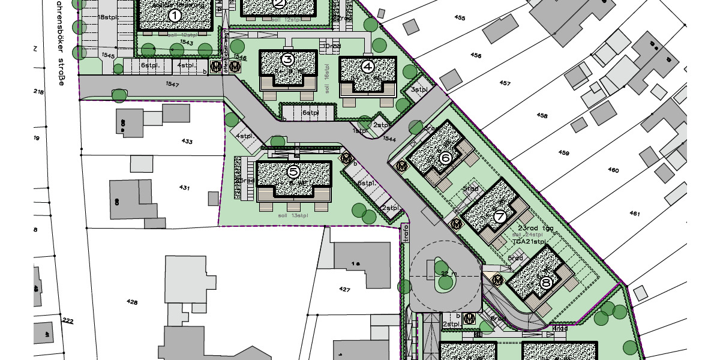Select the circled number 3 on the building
click(x=287, y=59)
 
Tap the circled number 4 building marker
click(x=368, y=66)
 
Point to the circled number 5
click(x=293, y=172)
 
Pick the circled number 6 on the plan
click(x=445, y=158)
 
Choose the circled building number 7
click(x=500, y=217)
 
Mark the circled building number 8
click(x=545, y=282)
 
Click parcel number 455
click(x=460, y=18)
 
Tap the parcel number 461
click(x=635, y=214)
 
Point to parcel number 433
click(x=187, y=142)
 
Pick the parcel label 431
click(x=184, y=188)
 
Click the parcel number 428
click(x=132, y=301)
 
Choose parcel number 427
click(x=344, y=289)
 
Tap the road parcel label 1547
click(x=172, y=85)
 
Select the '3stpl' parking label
click(x=419, y=89)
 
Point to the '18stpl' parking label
click(x=107, y=17)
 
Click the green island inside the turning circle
click(x=440, y=275)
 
